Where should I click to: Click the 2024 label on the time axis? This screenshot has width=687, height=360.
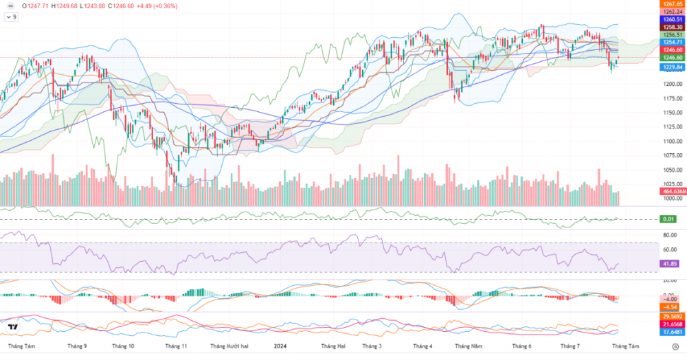[280, 347]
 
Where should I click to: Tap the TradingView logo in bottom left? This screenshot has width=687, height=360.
[12, 326]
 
